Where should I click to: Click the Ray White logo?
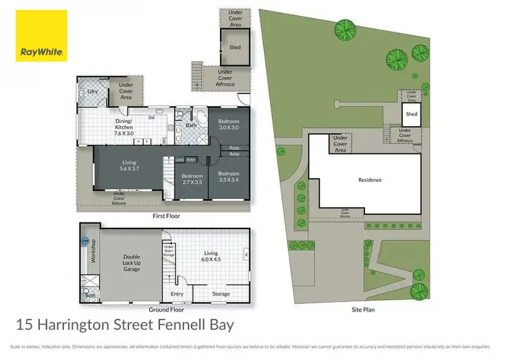click(x=41, y=36)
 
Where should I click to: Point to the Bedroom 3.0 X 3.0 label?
click(x=228, y=123)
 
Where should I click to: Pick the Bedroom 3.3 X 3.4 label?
click(x=229, y=177)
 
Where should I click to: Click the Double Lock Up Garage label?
click(x=131, y=263)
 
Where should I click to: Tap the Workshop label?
click(x=94, y=251)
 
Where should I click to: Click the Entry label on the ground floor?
click(x=177, y=294)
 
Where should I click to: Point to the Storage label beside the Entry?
click(x=221, y=294)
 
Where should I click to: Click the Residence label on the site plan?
click(x=370, y=180)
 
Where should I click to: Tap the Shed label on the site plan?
click(x=412, y=115)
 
